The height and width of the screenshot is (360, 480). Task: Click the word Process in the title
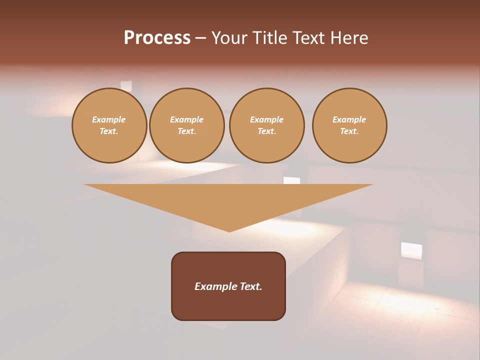(x=157, y=38)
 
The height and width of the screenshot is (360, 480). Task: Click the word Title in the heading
(x=268, y=38)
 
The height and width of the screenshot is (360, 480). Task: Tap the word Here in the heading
(x=347, y=38)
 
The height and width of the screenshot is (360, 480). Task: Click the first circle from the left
(x=109, y=125)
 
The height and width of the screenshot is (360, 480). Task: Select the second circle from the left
(x=186, y=125)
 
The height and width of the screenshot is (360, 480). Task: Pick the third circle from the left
(x=266, y=125)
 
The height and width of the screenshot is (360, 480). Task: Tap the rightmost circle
(x=349, y=125)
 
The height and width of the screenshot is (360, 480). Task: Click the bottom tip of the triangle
(x=229, y=230)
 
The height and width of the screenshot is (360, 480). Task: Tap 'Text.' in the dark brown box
(x=250, y=286)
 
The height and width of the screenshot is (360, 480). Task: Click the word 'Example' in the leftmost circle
(x=109, y=119)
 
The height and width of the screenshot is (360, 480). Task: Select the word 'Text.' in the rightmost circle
(x=349, y=131)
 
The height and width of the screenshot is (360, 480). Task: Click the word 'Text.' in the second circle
(x=186, y=131)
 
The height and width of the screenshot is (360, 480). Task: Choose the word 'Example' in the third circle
(x=266, y=119)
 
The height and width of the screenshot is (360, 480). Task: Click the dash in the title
(x=200, y=38)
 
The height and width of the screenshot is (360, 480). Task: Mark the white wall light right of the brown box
(x=411, y=250)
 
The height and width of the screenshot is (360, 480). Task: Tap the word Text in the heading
(x=307, y=38)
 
